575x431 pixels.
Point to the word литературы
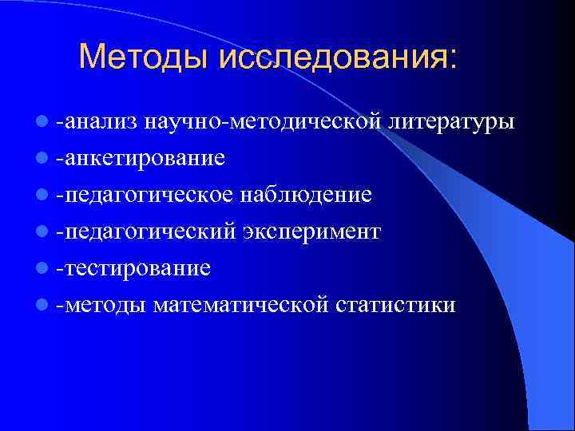point(452,122)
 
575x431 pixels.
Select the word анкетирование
point(144,158)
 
